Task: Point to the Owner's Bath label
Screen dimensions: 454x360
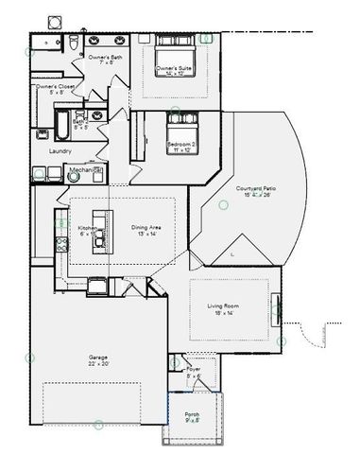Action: (x=106, y=58)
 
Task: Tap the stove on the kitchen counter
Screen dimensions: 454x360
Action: (x=62, y=244)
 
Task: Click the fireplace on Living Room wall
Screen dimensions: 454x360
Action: (x=276, y=309)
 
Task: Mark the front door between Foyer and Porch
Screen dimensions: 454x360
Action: (x=194, y=391)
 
